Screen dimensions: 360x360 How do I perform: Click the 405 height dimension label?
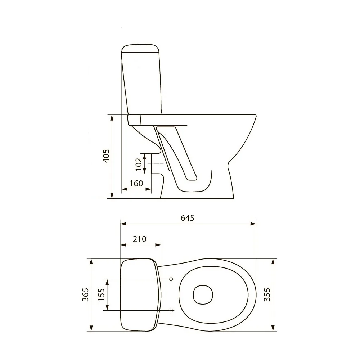(106, 156)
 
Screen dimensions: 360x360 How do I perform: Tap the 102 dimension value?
(139, 165)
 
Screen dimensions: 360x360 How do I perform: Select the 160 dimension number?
(136, 183)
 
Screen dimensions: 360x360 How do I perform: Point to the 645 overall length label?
(187, 218)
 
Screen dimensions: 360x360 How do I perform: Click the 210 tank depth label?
(139, 239)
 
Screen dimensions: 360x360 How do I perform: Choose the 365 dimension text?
(85, 294)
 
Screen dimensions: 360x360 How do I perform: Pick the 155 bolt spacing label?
(101, 294)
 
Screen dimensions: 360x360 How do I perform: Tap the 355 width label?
(267, 294)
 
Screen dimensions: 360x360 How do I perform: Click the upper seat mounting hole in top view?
(171, 279)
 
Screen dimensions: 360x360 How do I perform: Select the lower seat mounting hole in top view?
(171, 310)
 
